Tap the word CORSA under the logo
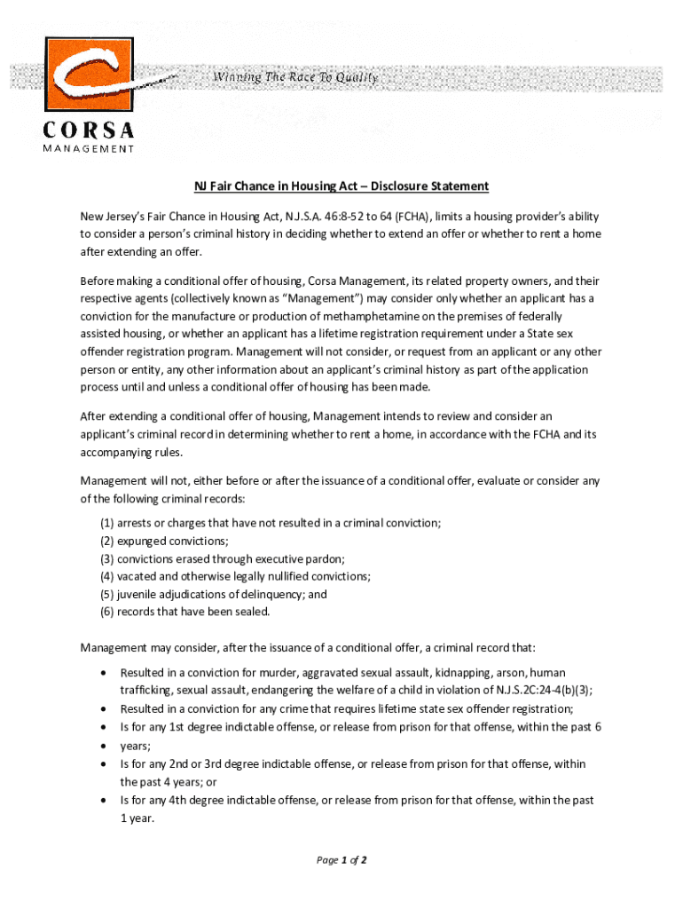(x=89, y=130)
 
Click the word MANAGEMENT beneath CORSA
(x=89, y=149)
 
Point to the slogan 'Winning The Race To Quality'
(x=295, y=77)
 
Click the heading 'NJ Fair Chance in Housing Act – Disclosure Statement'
(x=341, y=186)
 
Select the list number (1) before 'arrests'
(x=106, y=524)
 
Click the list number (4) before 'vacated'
(x=106, y=576)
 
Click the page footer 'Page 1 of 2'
(x=341, y=860)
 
